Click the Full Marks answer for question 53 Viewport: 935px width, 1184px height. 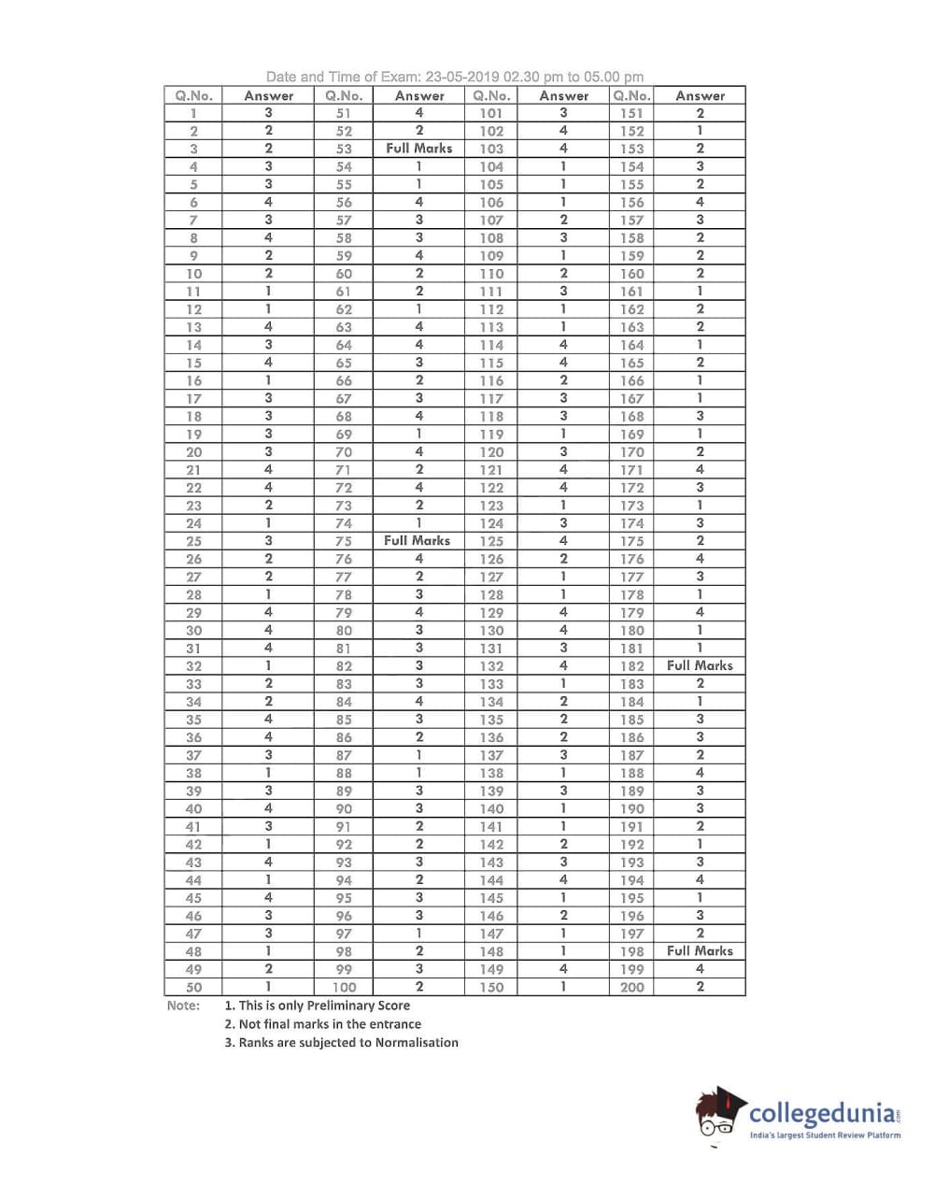[x=418, y=149]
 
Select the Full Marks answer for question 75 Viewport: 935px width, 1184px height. [x=417, y=541]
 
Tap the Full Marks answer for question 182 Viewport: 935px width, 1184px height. [x=700, y=665]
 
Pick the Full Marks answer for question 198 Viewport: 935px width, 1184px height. [x=700, y=950]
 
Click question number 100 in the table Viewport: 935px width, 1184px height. [x=344, y=987]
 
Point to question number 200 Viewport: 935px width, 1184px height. [x=631, y=987]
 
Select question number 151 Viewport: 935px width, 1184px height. [x=631, y=113]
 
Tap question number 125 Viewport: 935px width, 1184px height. [x=491, y=541]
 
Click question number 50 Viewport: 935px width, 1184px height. [x=193, y=987]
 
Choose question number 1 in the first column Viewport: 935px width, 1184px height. [x=193, y=113]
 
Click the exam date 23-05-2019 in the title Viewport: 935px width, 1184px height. [x=461, y=78]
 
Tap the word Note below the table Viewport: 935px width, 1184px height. [x=183, y=1006]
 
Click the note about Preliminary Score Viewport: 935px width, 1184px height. [x=318, y=1006]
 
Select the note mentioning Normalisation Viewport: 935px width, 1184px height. [x=342, y=1043]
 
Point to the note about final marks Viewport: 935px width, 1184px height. [x=323, y=1024]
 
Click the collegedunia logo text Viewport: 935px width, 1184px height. [x=823, y=1114]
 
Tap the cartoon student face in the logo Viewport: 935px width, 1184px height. [x=718, y=1117]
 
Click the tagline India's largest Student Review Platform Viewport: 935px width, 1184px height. [x=826, y=1135]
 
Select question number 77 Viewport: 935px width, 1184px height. [x=344, y=577]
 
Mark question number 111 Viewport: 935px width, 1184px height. [x=491, y=292]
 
